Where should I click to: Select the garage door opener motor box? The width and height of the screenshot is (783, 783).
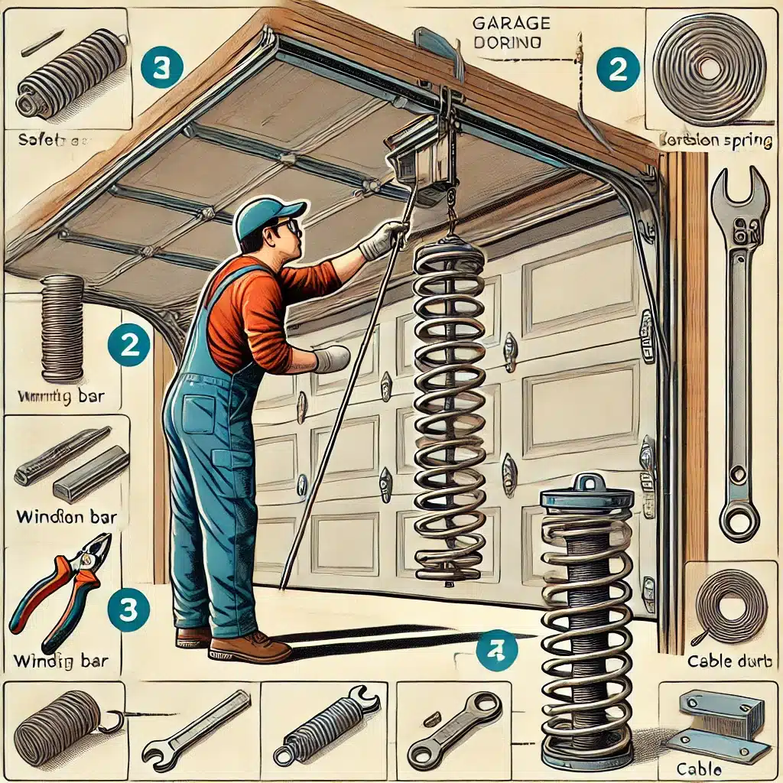(x=419, y=157)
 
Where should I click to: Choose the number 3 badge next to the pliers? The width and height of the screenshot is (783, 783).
(x=124, y=609)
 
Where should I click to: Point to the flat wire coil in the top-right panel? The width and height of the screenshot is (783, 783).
(x=709, y=69)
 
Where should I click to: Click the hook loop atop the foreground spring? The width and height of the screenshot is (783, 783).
(x=587, y=482)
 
